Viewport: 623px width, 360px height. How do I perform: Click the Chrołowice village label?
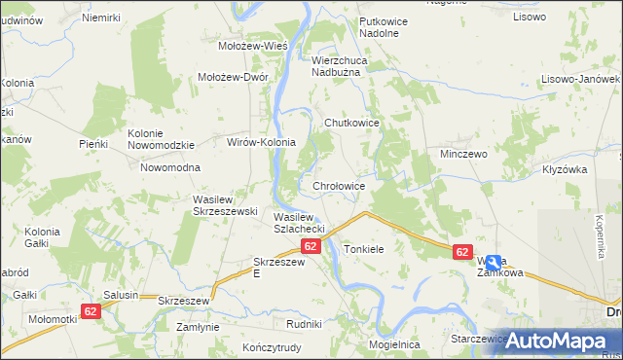339,185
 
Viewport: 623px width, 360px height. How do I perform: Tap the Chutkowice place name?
350,123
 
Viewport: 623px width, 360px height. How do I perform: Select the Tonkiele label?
364,249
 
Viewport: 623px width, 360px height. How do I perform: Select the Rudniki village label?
304,323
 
